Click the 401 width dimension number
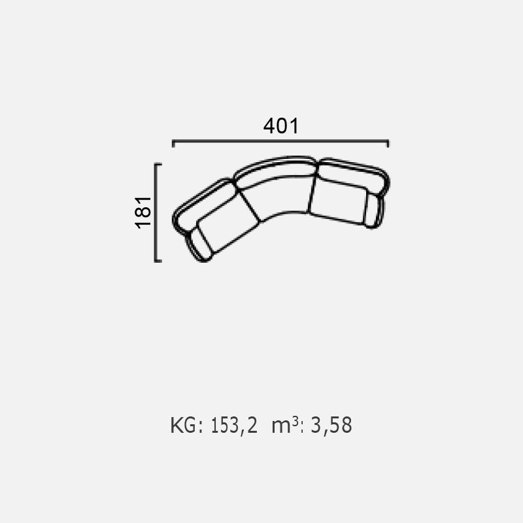(x=281, y=126)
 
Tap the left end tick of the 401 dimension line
(x=173, y=144)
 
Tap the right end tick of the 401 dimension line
(x=388, y=144)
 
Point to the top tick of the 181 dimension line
(x=158, y=164)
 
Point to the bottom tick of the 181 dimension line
(x=158, y=261)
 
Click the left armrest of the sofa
(x=199, y=246)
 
